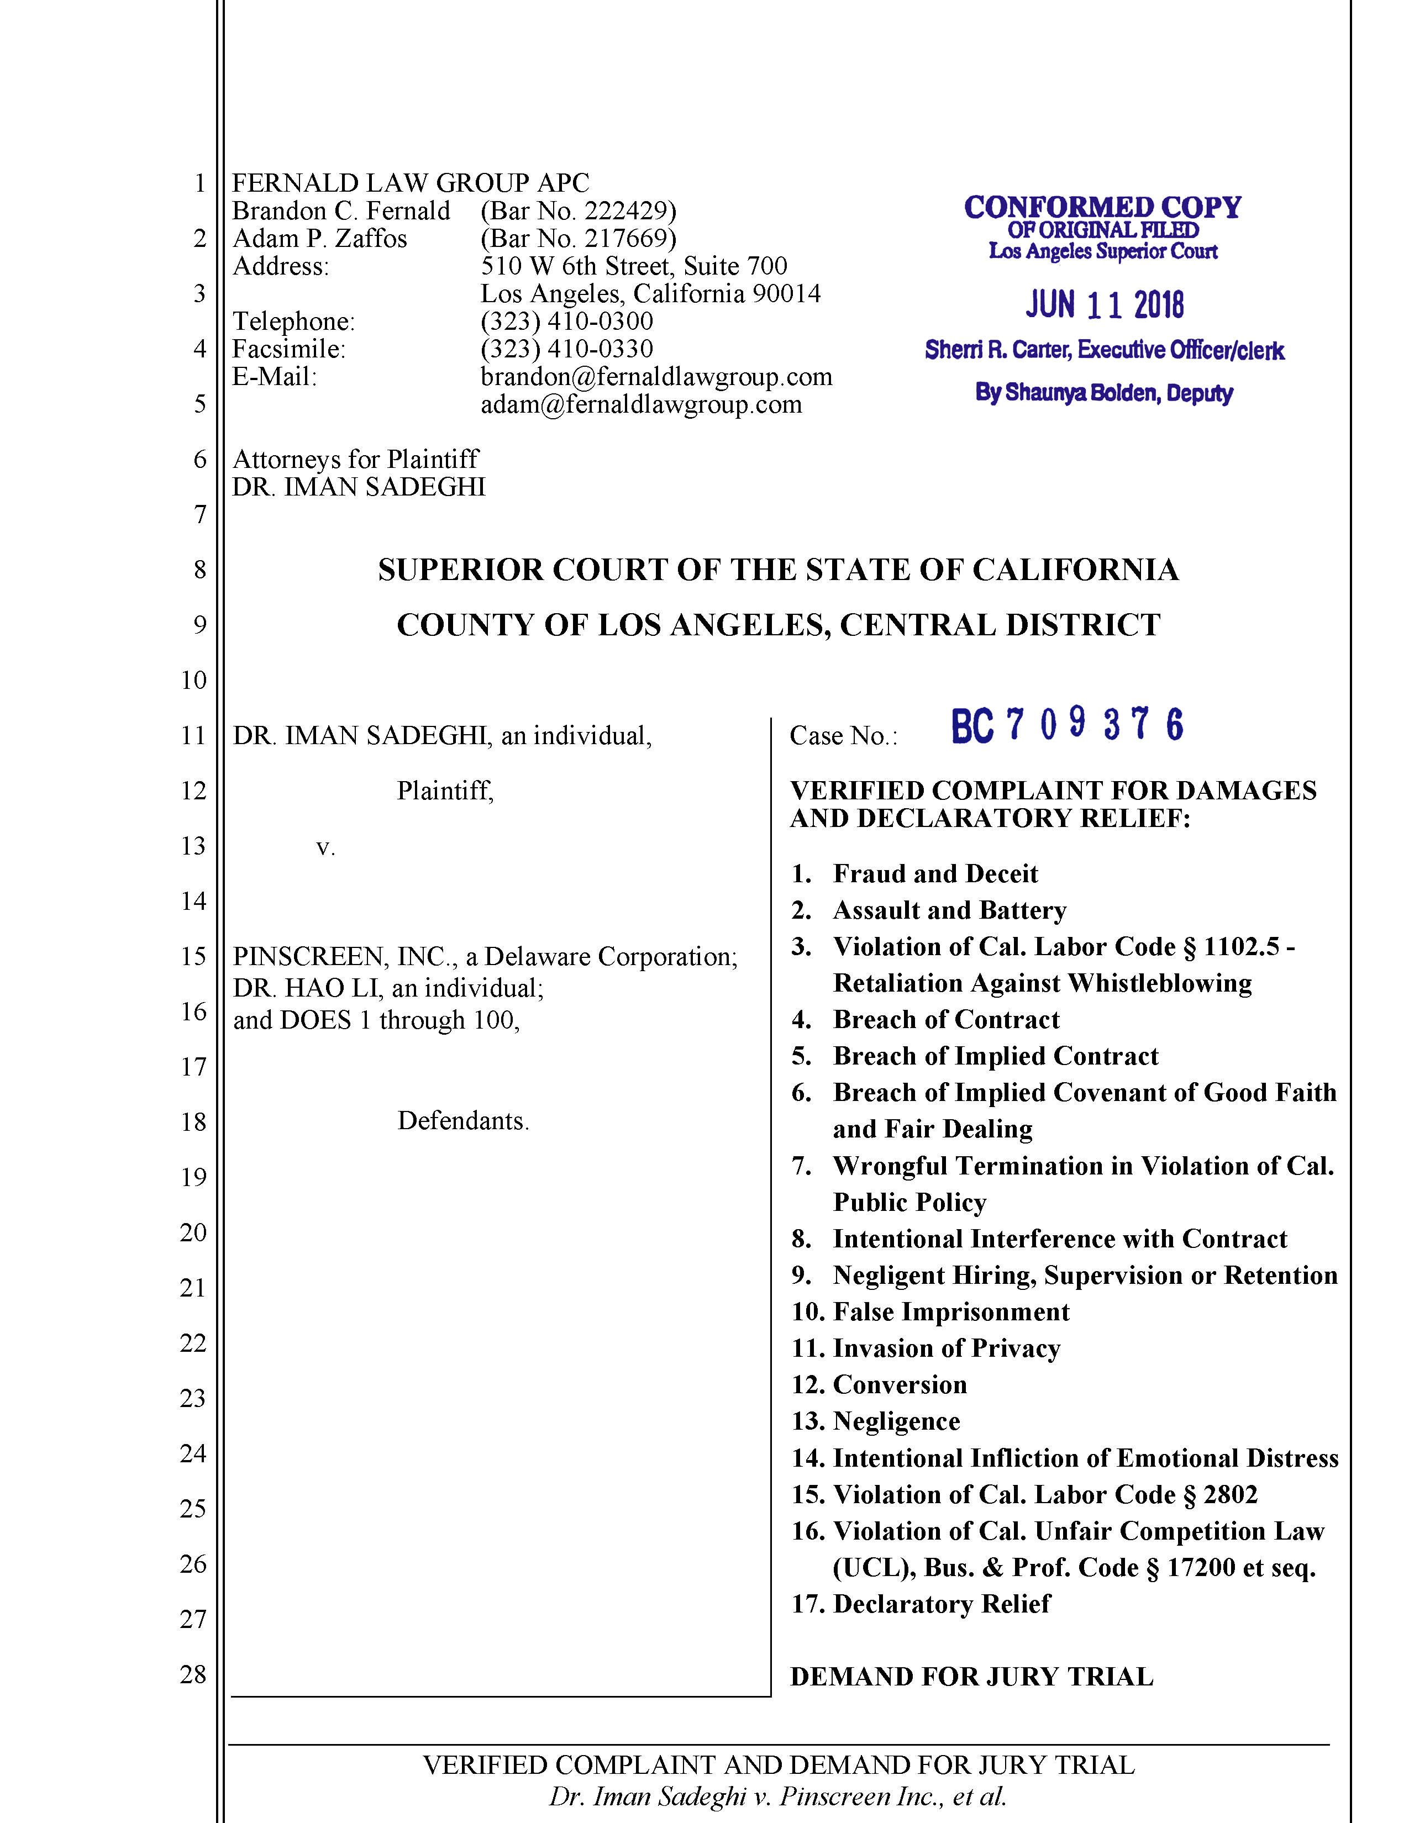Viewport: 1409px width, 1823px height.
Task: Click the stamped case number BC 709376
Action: tap(1067, 725)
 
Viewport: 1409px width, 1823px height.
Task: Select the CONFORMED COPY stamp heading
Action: tap(1102, 207)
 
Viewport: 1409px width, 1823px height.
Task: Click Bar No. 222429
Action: tap(579, 210)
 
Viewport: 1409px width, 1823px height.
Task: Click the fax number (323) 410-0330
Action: tap(567, 349)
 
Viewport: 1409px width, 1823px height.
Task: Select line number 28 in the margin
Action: tap(193, 1674)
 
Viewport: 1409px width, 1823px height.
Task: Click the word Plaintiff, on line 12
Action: tap(445, 791)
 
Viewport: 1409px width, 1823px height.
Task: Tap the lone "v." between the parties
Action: tap(325, 847)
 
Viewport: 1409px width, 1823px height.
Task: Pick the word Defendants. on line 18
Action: tap(463, 1120)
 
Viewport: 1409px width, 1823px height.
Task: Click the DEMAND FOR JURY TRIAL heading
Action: tap(971, 1677)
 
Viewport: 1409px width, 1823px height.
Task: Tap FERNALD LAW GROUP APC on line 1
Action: tap(410, 183)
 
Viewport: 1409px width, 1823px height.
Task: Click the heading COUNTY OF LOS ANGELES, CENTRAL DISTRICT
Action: tap(778, 625)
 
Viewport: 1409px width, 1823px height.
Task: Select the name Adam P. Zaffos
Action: tap(320, 239)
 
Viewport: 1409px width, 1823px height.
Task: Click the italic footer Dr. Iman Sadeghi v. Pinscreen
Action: tap(778, 1796)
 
